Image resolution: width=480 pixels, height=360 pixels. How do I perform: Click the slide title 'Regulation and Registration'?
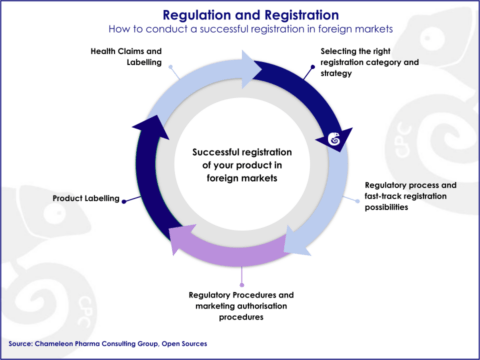[x=239, y=15]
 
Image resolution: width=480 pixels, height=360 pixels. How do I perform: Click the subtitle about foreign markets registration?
[x=239, y=30]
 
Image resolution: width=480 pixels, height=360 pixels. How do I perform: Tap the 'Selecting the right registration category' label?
[x=369, y=61]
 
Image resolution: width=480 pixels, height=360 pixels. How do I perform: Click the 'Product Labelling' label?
[x=85, y=199]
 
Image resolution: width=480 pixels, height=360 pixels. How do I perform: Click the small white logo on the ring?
[x=334, y=139]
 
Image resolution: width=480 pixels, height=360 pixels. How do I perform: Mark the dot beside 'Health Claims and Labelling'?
[x=171, y=69]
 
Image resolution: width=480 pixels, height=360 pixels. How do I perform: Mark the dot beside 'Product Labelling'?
[x=125, y=199]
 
